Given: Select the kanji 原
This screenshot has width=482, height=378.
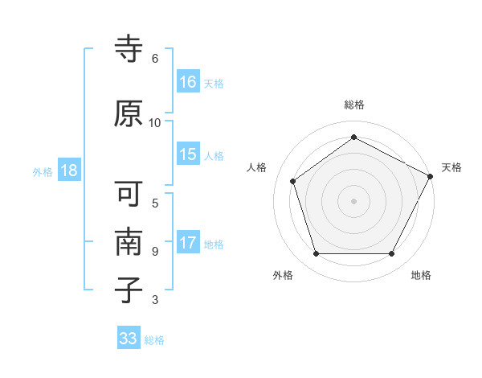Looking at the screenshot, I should pyautogui.click(x=129, y=114).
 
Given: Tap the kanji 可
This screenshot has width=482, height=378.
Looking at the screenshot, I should pyautogui.click(x=129, y=195).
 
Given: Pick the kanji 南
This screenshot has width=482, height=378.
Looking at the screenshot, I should pyautogui.click(x=129, y=240).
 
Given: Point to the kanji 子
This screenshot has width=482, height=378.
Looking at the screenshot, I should pyautogui.click(x=129, y=289).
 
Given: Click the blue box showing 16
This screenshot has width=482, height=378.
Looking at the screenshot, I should pyautogui.click(x=188, y=82).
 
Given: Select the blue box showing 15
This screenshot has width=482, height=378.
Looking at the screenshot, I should pyautogui.click(x=188, y=155).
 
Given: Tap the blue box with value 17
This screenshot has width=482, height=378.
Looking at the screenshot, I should pyautogui.click(x=188, y=243).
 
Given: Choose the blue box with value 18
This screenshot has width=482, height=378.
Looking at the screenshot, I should pyautogui.click(x=68, y=171).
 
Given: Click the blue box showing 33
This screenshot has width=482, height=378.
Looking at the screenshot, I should pyautogui.click(x=129, y=339).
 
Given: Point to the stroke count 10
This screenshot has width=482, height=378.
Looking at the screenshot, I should pyautogui.click(x=155, y=123).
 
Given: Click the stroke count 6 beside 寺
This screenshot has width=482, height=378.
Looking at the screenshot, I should pyautogui.click(x=155, y=59).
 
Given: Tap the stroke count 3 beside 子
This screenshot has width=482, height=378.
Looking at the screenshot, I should pyautogui.click(x=155, y=300).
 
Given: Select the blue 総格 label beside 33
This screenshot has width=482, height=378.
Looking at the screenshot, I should pyautogui.click(x=154, y=340).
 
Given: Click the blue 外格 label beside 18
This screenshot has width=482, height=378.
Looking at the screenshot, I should pyautogui.click(x=43, y=172).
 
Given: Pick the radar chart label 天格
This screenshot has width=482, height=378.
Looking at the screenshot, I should pyautogui.click(x=452, y=167).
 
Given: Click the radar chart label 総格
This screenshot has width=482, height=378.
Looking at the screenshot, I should pyautogui.click(x=354, y=105).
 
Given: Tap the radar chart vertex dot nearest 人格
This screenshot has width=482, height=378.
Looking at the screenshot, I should pyautogui.click(x=293, y=181).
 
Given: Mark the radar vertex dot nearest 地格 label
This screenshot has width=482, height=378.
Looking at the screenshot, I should pyautogui.click(x=391, y=254).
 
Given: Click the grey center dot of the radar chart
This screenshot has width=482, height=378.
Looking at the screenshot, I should pyautogui.click(x=353, y=200).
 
